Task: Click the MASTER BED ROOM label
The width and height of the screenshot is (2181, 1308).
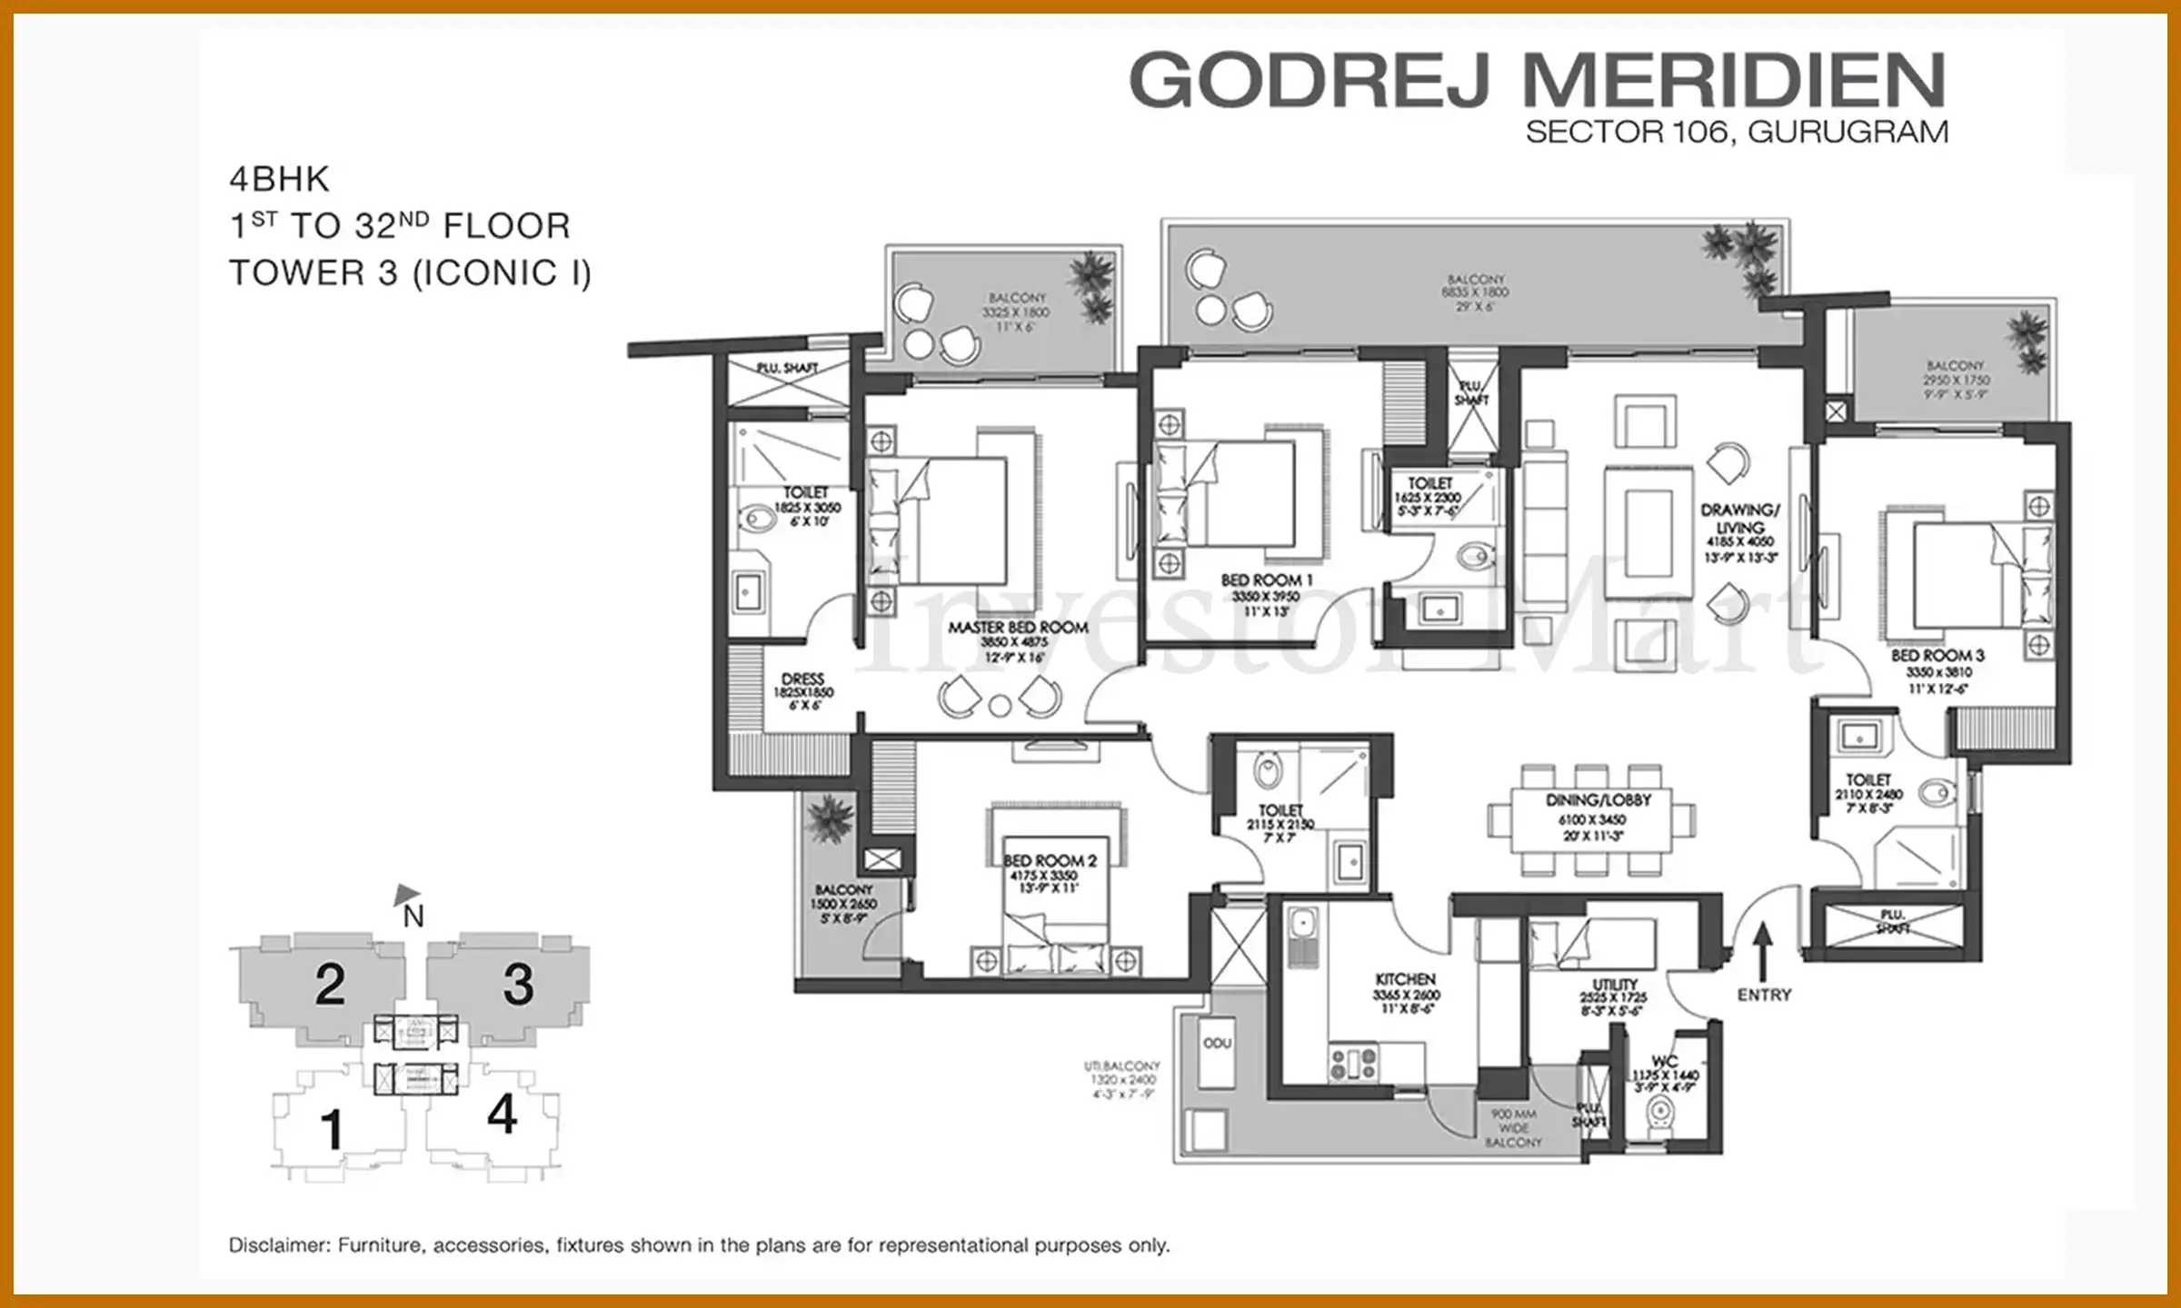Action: (x=1018, y=628)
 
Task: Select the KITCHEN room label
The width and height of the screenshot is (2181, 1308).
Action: (x=1405, y=980)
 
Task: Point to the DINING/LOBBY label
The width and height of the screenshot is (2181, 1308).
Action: (x=1598, y=800)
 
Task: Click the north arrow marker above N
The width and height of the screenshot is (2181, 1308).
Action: (x=406, y=894)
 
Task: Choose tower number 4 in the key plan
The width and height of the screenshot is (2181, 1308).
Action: (x=502, y=1115)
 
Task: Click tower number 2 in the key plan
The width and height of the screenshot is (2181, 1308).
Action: (x=330, y=985)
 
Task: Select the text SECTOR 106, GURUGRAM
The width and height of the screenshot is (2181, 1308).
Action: (x=1736, y=133)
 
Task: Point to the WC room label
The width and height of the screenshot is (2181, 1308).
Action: (x=1664, y=1061)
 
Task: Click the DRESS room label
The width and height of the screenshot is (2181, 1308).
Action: (x=802, y=679)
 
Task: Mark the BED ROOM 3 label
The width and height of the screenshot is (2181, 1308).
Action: (x=1937, y=656)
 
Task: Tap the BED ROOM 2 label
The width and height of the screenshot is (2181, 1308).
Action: (x=1050, y=860)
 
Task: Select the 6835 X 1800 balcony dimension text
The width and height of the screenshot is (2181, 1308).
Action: (x=1475, y=292)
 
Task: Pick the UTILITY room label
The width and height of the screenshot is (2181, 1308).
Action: (x=1614, y=985)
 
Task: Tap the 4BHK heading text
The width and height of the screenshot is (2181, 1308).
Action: (x=279, y=180)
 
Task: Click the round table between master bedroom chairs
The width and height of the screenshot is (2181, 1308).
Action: (x=1000, y=706)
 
